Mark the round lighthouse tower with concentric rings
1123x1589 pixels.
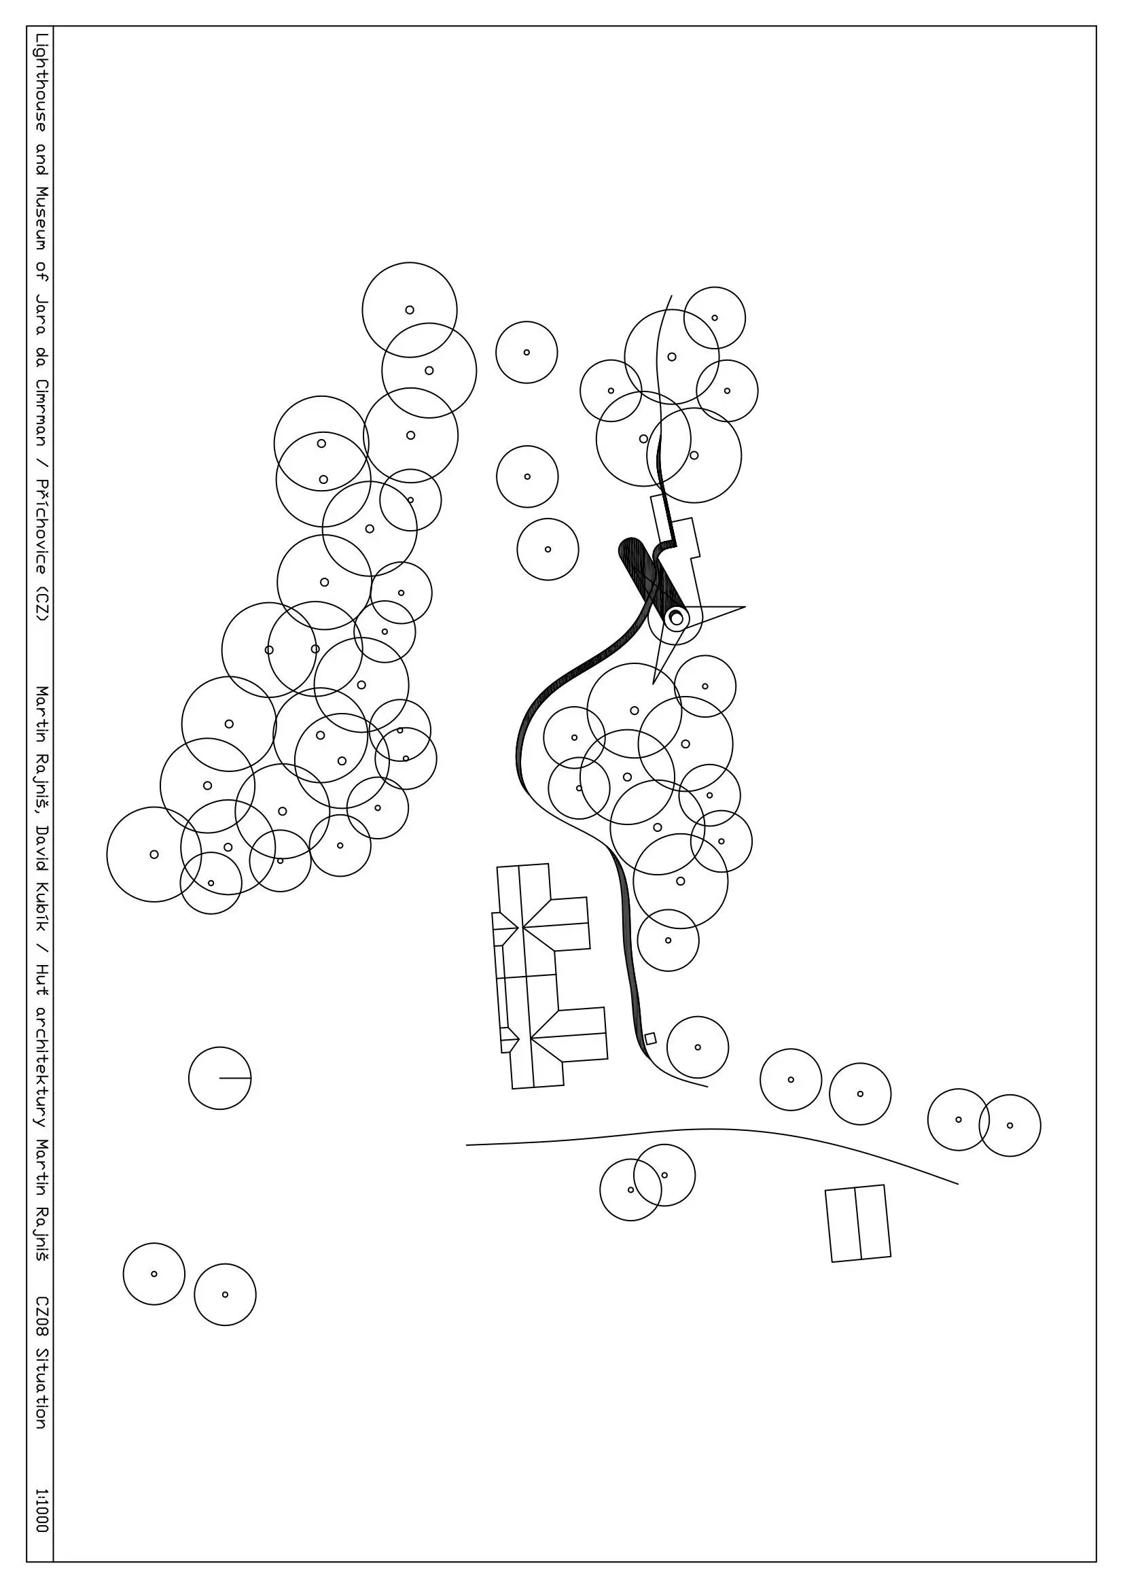676,617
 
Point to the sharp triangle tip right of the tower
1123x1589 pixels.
745,608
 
